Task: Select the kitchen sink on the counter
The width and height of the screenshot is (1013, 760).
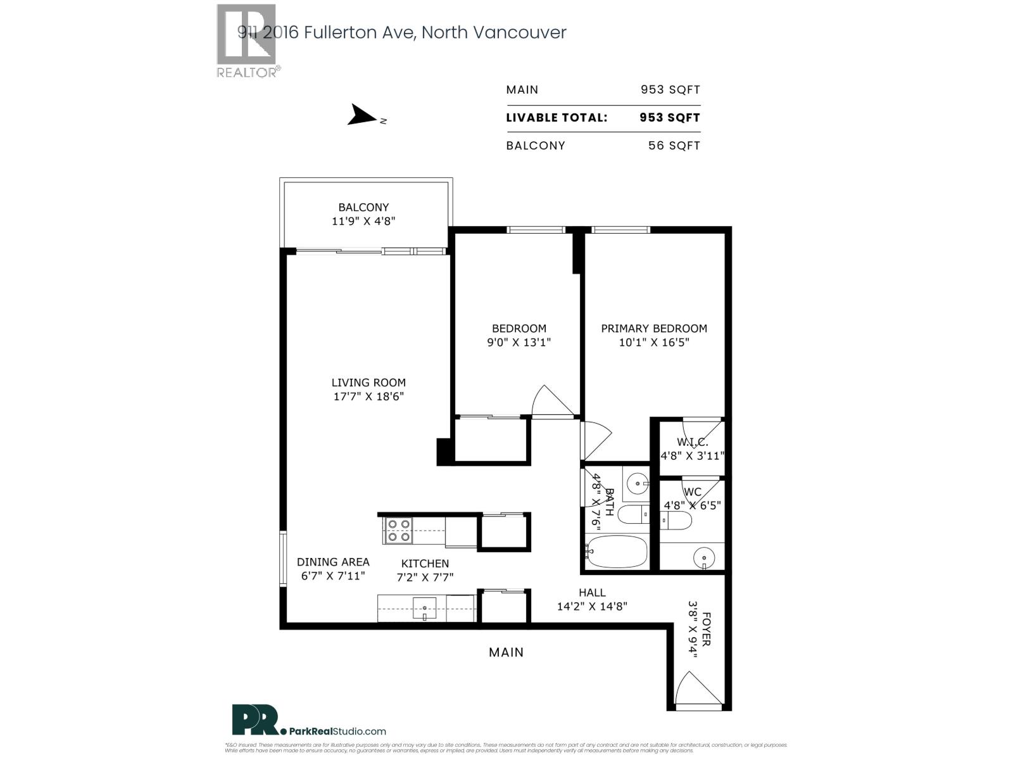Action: click(425, 609)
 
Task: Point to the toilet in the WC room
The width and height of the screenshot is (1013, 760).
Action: click(676, 521)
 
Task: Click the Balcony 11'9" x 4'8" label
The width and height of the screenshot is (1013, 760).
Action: click(363, 214)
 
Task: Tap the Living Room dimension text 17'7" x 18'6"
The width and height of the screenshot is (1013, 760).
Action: click(368, 396)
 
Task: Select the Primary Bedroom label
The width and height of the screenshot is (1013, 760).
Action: click(653, 328)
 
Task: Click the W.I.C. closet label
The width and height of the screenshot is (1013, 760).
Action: click(692, 442)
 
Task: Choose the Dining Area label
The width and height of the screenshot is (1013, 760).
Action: click(333, 562)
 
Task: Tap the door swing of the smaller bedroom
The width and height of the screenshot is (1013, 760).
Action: click(552, 401)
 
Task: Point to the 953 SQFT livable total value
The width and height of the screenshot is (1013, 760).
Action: click(669, 117)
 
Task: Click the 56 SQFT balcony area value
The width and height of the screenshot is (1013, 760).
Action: click(674, 145)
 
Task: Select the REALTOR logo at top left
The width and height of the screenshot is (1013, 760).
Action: click(247, 41)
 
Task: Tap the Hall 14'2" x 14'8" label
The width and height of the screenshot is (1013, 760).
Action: click(592, 599)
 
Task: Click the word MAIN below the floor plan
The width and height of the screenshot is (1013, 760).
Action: click(506, 652)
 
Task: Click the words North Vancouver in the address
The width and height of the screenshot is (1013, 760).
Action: click(494, 32)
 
